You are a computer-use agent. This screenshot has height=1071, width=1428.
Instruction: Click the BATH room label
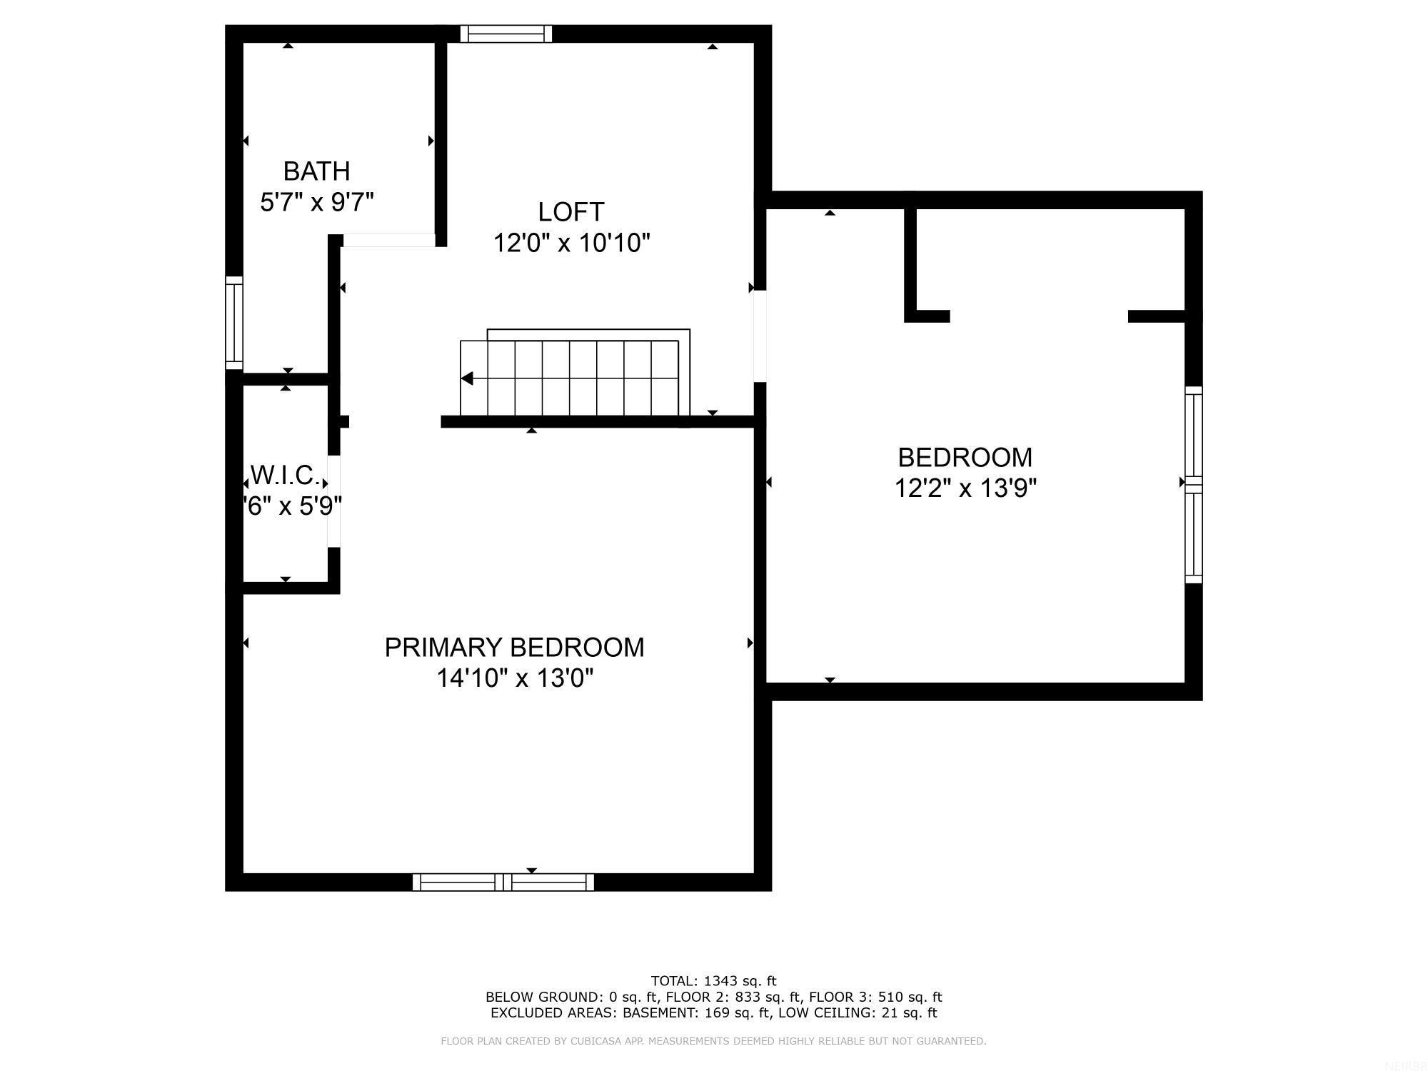(316, 171)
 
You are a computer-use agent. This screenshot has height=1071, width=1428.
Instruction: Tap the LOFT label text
(571, 212)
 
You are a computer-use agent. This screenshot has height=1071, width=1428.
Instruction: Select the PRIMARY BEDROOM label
(514, 648)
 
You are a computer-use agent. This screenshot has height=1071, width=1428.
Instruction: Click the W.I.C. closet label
(285, 475)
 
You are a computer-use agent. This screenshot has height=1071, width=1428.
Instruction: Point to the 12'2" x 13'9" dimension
(965, 488)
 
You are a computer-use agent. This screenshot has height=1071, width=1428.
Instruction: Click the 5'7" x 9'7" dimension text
(316, 203)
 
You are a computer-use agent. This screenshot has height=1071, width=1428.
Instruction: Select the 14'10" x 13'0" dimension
(515, 678)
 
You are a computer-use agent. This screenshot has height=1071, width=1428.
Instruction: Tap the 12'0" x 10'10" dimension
(571, 243)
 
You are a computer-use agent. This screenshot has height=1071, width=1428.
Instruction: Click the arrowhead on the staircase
(468, 378)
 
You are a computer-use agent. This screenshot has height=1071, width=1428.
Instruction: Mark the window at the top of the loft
(506, 34)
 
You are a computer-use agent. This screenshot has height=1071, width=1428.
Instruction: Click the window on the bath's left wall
(234, 323)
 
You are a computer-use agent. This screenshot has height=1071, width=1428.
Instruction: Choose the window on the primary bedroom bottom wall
(503, 883)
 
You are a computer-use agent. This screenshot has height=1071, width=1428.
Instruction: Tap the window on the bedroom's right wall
(1194, 485)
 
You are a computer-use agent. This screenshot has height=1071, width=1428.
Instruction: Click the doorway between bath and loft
(388, 241)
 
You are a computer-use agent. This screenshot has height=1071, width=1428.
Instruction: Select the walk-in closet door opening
(333, 501)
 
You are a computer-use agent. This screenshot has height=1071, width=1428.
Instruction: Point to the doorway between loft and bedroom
(760, 336)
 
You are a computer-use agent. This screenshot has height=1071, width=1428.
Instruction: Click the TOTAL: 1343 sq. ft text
(713, 981)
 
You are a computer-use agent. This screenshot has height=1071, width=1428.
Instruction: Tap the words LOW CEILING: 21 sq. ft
(858, 1012)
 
